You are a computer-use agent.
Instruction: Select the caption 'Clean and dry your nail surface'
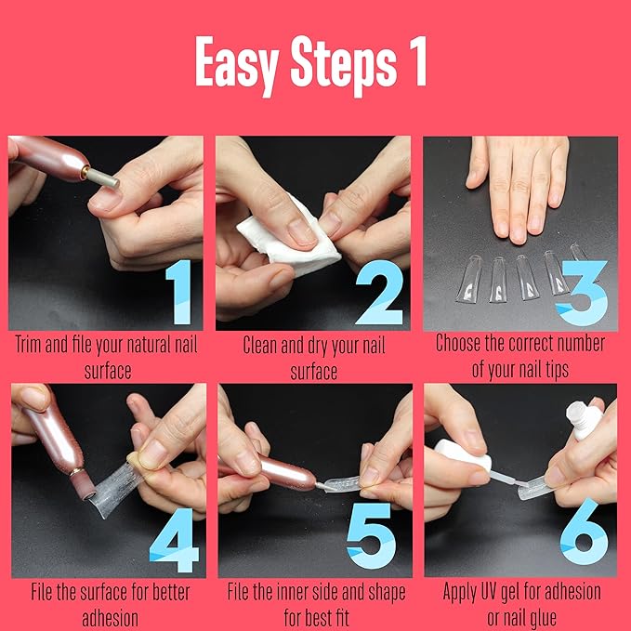(x=313, y=358)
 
